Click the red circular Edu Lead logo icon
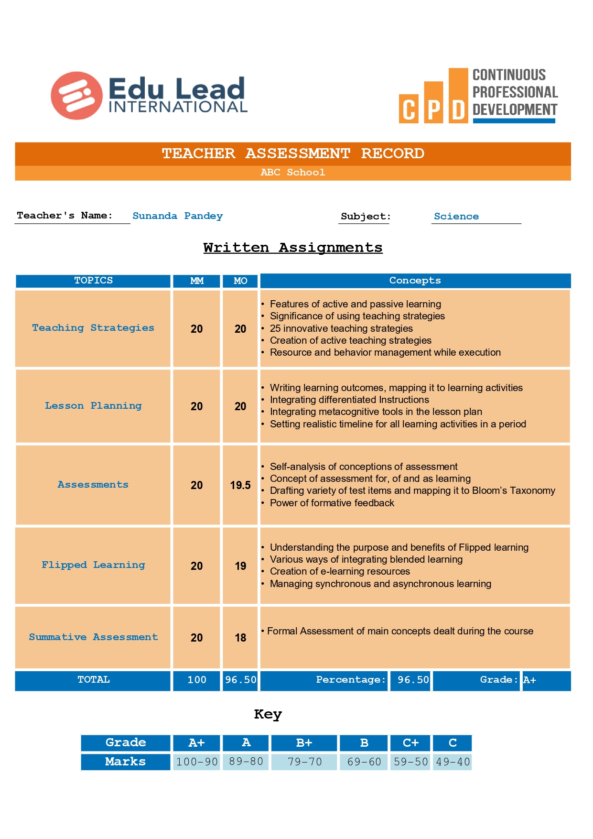pyautogui.click(x=76, y=96)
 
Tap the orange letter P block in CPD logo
pyautogui.click(x=433, y=103)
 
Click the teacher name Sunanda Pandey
pyautogui.click(x=177, y=216)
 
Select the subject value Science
pyautogui.click(x=456, y=216)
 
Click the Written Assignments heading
pyautogui.click(x=292, y=248)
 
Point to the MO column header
pyautogui.click(x=240, y=281)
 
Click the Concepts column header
pyautogui.click(x=415, y=281)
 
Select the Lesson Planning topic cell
pyautogui.click(x=93, y=406)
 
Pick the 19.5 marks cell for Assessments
pyautogui.click(x=240, y=485)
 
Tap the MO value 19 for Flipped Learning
pyautogui.click(x=240, y=566)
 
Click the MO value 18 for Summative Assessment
pyautogui.click(x=240, y=638)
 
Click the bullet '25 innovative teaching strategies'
pyautogui.click(x=341, y=328)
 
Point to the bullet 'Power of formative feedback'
pyautogui.click(x=332, y=503)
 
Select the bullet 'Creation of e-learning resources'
pyautogui.click(x=339, y=571)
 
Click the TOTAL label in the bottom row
pyautogui.click(x=93, y=680)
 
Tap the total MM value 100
pyautogui.click(x=196, y=680)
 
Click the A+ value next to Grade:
pyautogui.click(x=529, y=680)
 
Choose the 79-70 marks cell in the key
pyautogui.click(x=304, y=762)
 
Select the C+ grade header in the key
pyautogui.click(x=410, y=743)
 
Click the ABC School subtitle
pyautogui.click(x=292, y=173)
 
